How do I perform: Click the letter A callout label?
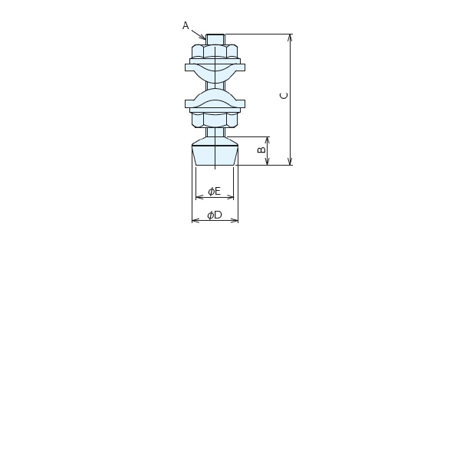[186, 25]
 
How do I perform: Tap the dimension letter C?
[284, 96]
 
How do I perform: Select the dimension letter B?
[261, 149]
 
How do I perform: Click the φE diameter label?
[214, 191]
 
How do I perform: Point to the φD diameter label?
[215, 215]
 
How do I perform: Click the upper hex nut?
[215, 51]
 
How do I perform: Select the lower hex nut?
[215, 120]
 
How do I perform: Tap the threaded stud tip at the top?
[215, 39]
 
